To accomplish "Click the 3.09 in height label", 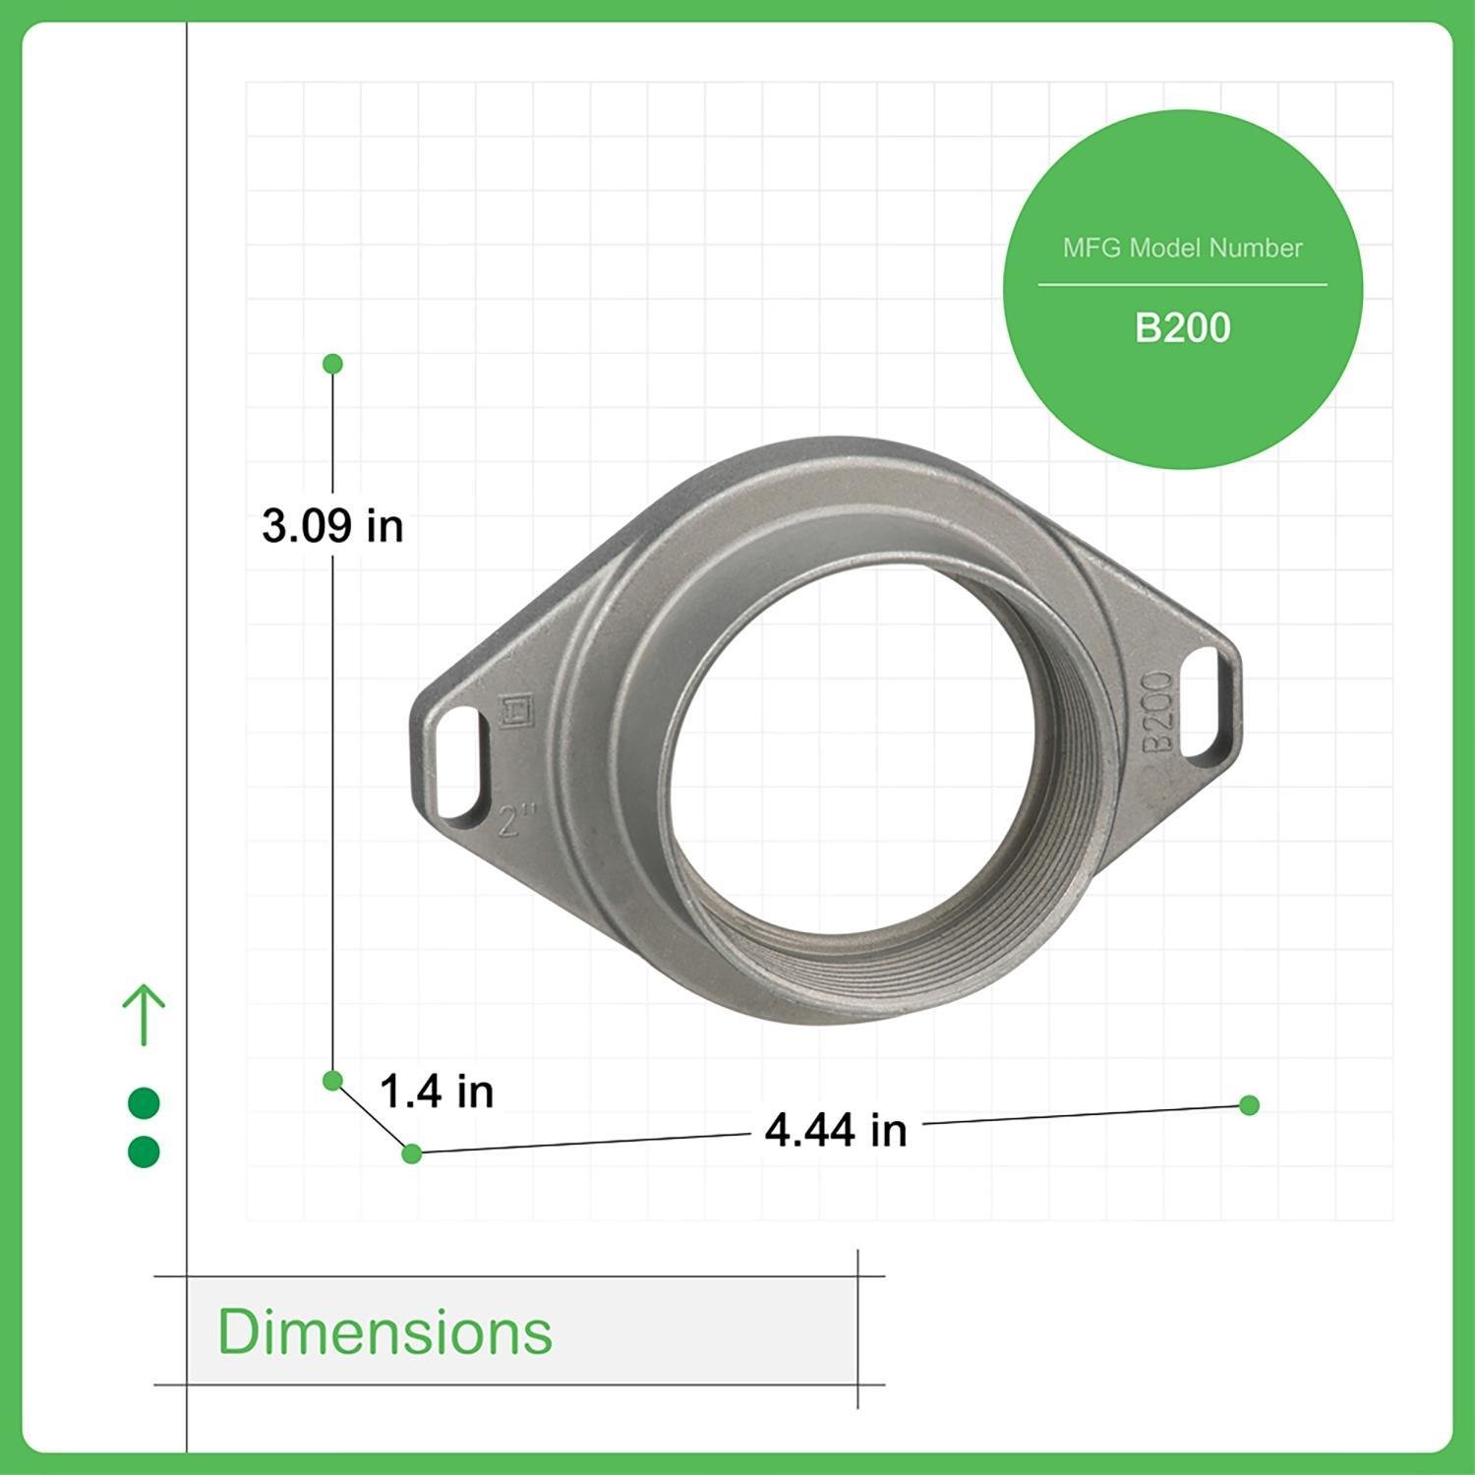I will tap(332, 526).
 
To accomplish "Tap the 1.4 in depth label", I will tap(436, 1091).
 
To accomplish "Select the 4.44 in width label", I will tap(836, 1131).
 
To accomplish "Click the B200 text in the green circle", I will tap(1182, 328).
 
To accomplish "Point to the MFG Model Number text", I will tap(1182, 248).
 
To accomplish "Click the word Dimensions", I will tap(384, 1331).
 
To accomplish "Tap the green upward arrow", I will tap(144, 1014).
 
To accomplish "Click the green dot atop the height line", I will tap(332, 364).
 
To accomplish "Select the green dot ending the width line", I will tap(1250, 1105).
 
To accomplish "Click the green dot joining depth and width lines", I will tap(412, 1153).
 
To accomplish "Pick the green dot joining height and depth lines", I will tap(332, 1081).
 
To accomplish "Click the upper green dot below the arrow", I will tap(144, 1103).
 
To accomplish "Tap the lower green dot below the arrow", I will tap(144, 1151).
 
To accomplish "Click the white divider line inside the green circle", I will tap(1182, 285).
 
